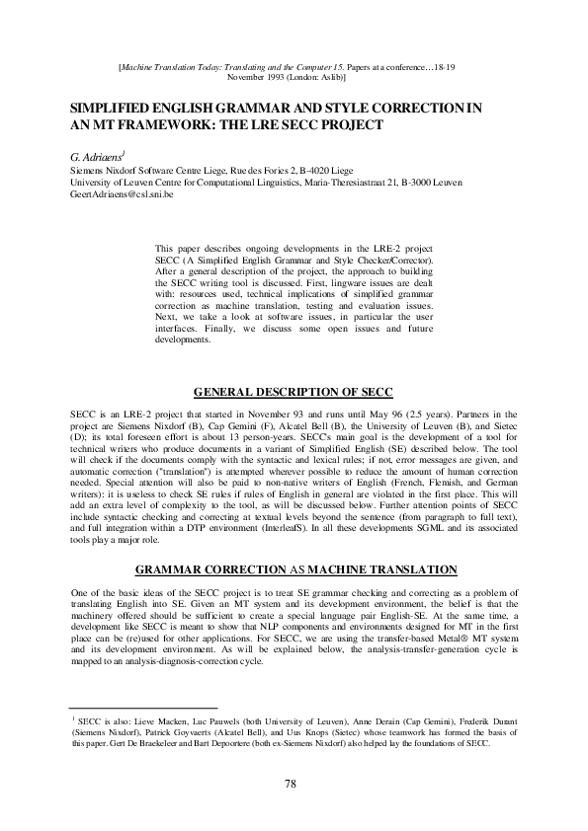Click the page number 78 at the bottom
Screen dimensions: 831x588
(x=291, y=785)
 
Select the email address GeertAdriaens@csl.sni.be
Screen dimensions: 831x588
(x=117, y=196)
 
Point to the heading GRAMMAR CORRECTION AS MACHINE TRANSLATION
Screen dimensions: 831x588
(x=294, y=569)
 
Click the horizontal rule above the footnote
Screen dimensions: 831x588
(x=129, y=708)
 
